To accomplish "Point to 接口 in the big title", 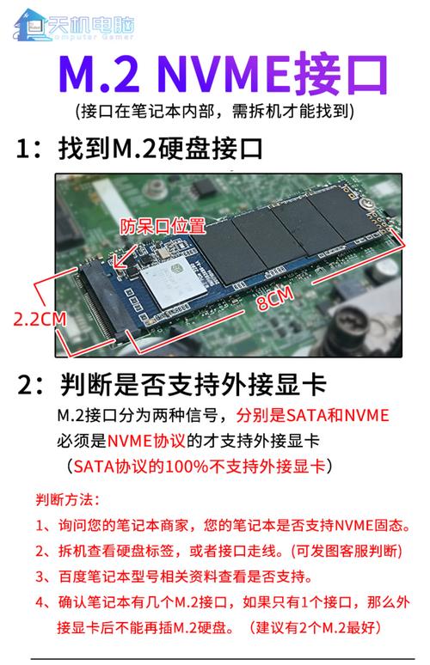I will point(340,76).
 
